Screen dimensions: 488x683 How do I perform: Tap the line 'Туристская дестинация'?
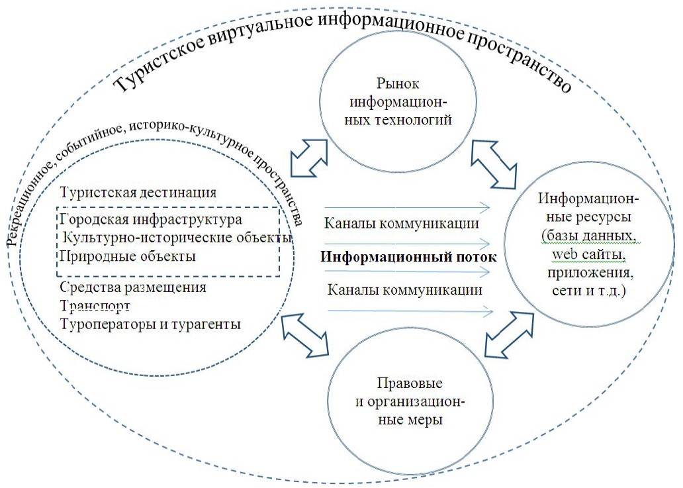(138, 193)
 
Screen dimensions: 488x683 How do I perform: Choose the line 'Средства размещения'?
(133, 288)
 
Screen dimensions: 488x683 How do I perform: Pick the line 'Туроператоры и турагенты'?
(150, 324)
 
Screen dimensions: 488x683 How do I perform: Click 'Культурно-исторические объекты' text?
(177, 237)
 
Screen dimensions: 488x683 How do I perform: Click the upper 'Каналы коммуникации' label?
(402, 223)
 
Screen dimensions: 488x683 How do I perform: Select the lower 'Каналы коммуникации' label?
(404, 289)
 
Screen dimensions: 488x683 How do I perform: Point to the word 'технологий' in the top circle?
(417, 120)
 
